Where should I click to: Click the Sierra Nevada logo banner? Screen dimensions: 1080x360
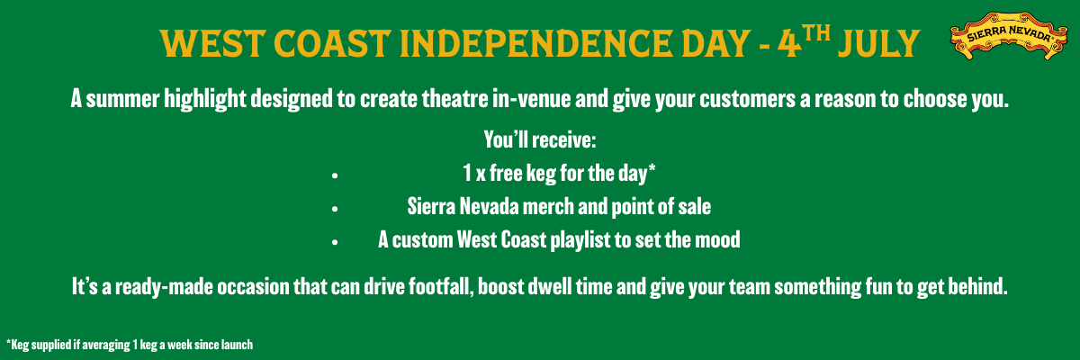coord(1009,36)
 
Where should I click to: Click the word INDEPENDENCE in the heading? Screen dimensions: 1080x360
coord(535,43)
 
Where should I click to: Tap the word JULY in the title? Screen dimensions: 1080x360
coord(878,43)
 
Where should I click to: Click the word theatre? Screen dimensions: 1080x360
coord(454,99)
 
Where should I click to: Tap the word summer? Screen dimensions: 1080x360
coord(122,100)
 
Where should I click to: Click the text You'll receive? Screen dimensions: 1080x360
coord(540,139)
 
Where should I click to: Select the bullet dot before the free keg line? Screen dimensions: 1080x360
coord(335,175)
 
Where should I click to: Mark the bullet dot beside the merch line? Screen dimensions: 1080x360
coord(335,209)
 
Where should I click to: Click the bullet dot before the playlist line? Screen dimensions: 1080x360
coord(335,242)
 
